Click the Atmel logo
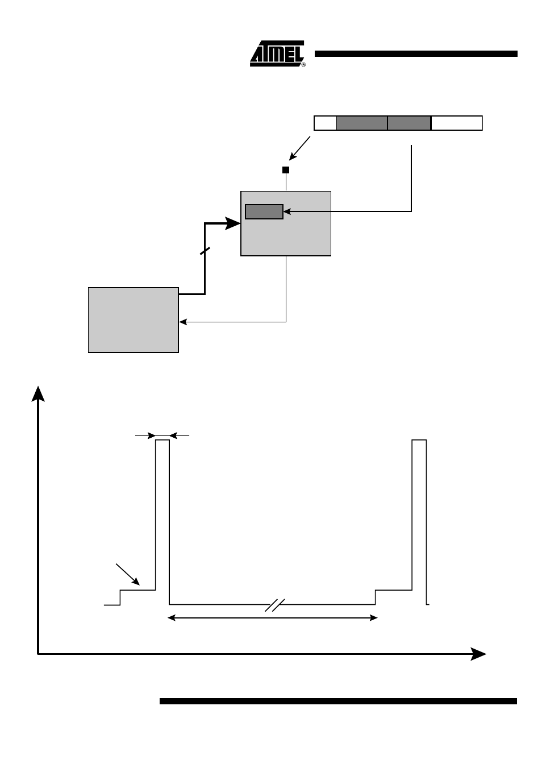277,54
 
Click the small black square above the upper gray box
286,170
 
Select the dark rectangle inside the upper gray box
264,211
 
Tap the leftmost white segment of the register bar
325,123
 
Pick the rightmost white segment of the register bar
456,123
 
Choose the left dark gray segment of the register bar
362,123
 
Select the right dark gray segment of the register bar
409,123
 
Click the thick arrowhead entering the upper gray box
233,223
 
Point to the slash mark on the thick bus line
205,251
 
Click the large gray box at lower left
134,320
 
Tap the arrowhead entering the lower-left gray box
182,322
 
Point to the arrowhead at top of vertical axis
38,393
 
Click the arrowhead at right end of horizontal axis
478,654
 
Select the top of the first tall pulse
162,440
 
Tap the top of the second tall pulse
419,440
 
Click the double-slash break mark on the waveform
274,605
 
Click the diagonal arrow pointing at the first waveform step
128,574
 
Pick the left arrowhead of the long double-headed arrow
172,618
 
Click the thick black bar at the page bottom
338,701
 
